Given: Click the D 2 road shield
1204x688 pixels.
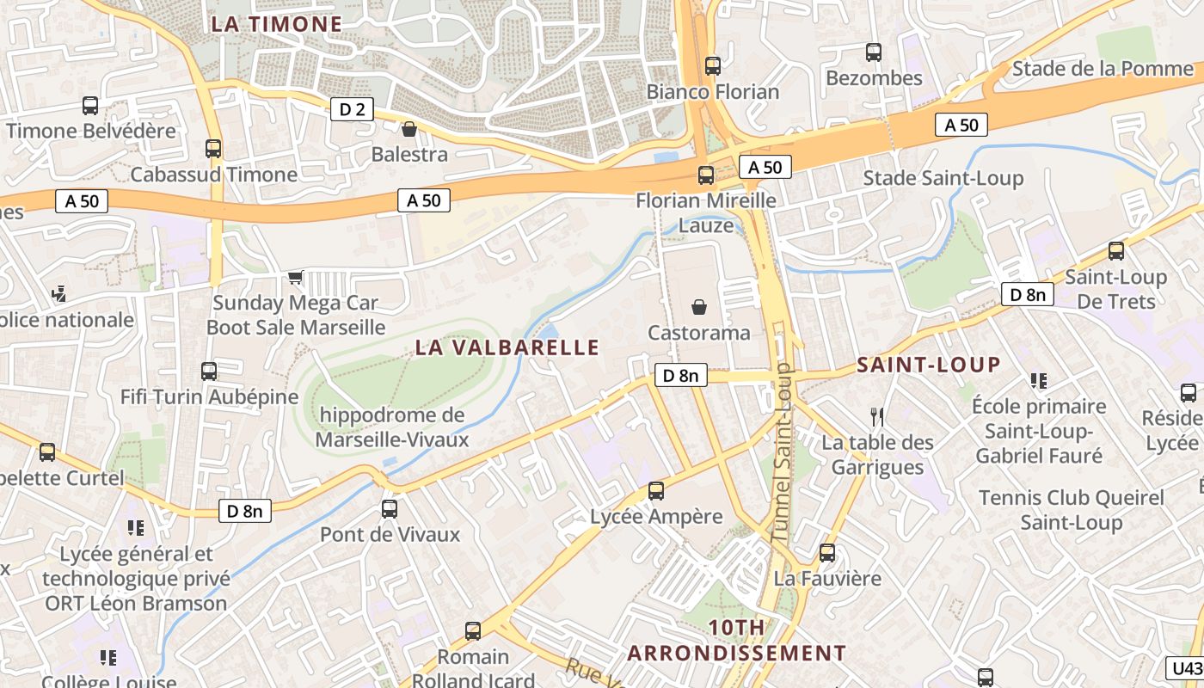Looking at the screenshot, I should (x=352, y=109).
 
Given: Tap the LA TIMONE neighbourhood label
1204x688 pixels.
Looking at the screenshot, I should (x=277, y=24).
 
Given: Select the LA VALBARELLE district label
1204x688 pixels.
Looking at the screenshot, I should (x=507, y=347).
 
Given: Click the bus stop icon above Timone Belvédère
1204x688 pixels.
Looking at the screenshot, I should (x=90, y=106).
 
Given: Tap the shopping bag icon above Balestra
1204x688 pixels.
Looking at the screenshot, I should (x=409, y=129).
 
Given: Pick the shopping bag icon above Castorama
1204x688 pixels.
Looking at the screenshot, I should (x=699, y=307).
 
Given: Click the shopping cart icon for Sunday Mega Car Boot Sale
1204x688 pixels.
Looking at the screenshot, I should (x=296, y=277).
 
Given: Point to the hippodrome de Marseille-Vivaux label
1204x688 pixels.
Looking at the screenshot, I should (x=392, y=427).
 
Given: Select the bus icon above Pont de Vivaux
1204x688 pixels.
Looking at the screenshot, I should (x=390, y=508).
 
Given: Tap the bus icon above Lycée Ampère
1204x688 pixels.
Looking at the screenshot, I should (x=656, y=491).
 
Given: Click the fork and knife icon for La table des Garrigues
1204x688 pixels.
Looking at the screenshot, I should (x=877, y=417).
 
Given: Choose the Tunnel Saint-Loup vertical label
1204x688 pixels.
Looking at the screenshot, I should (x=782, y=451).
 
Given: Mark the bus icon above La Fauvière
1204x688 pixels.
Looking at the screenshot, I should (x=827, y=552).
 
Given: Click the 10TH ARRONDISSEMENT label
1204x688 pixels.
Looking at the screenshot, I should (x=736, y=640).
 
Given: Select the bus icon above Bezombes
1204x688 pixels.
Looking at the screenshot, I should (x=874, y=52).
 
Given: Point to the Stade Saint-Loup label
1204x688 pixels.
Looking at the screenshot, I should (x=943, y=178).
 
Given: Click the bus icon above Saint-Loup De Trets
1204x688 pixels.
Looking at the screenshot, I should (x=1116, y=251).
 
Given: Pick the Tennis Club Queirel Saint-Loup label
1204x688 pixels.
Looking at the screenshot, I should (x=1072, y=510).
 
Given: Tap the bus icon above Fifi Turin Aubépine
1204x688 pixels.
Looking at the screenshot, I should (x=209, y=372).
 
